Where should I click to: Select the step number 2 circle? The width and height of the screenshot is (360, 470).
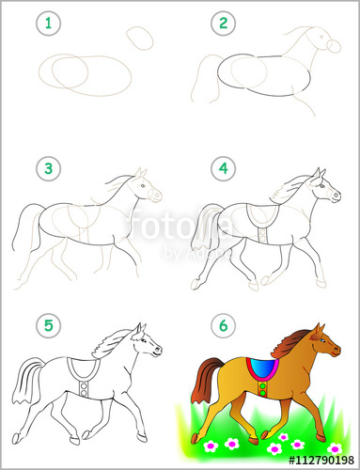point(223,22)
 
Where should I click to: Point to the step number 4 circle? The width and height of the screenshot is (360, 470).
point(223,170)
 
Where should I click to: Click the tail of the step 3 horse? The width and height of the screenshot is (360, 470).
point(28,230)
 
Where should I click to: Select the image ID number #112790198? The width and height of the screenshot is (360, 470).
point(311,460)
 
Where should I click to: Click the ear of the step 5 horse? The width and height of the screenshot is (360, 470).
point(139,329)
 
